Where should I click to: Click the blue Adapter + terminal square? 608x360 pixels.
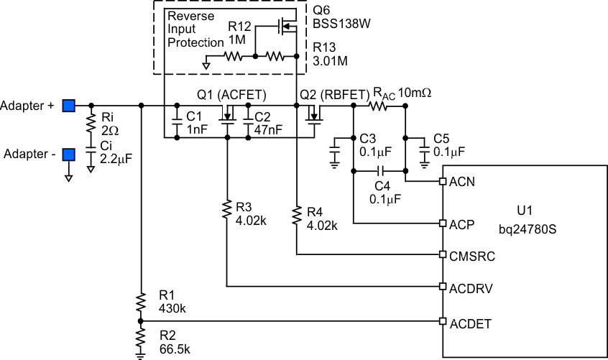(x=68, y=106)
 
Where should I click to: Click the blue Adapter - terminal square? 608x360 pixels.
(x=68, y=154)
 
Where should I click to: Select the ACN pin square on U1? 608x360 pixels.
(x=443, y=183)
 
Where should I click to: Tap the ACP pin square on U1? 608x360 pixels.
(x=443, y=224)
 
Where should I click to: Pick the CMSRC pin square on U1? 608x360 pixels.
(x=443, y=255)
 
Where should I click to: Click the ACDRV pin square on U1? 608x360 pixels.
(x=443, y=287)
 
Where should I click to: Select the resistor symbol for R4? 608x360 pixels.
(x=296, y=216)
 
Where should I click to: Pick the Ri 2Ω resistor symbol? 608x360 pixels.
(x=91, y=125)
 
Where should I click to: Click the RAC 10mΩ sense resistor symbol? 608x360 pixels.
(x=379, y=106)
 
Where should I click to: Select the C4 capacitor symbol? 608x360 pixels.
(x=380, y=171)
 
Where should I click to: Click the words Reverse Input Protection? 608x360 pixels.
(x=195, y=29)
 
